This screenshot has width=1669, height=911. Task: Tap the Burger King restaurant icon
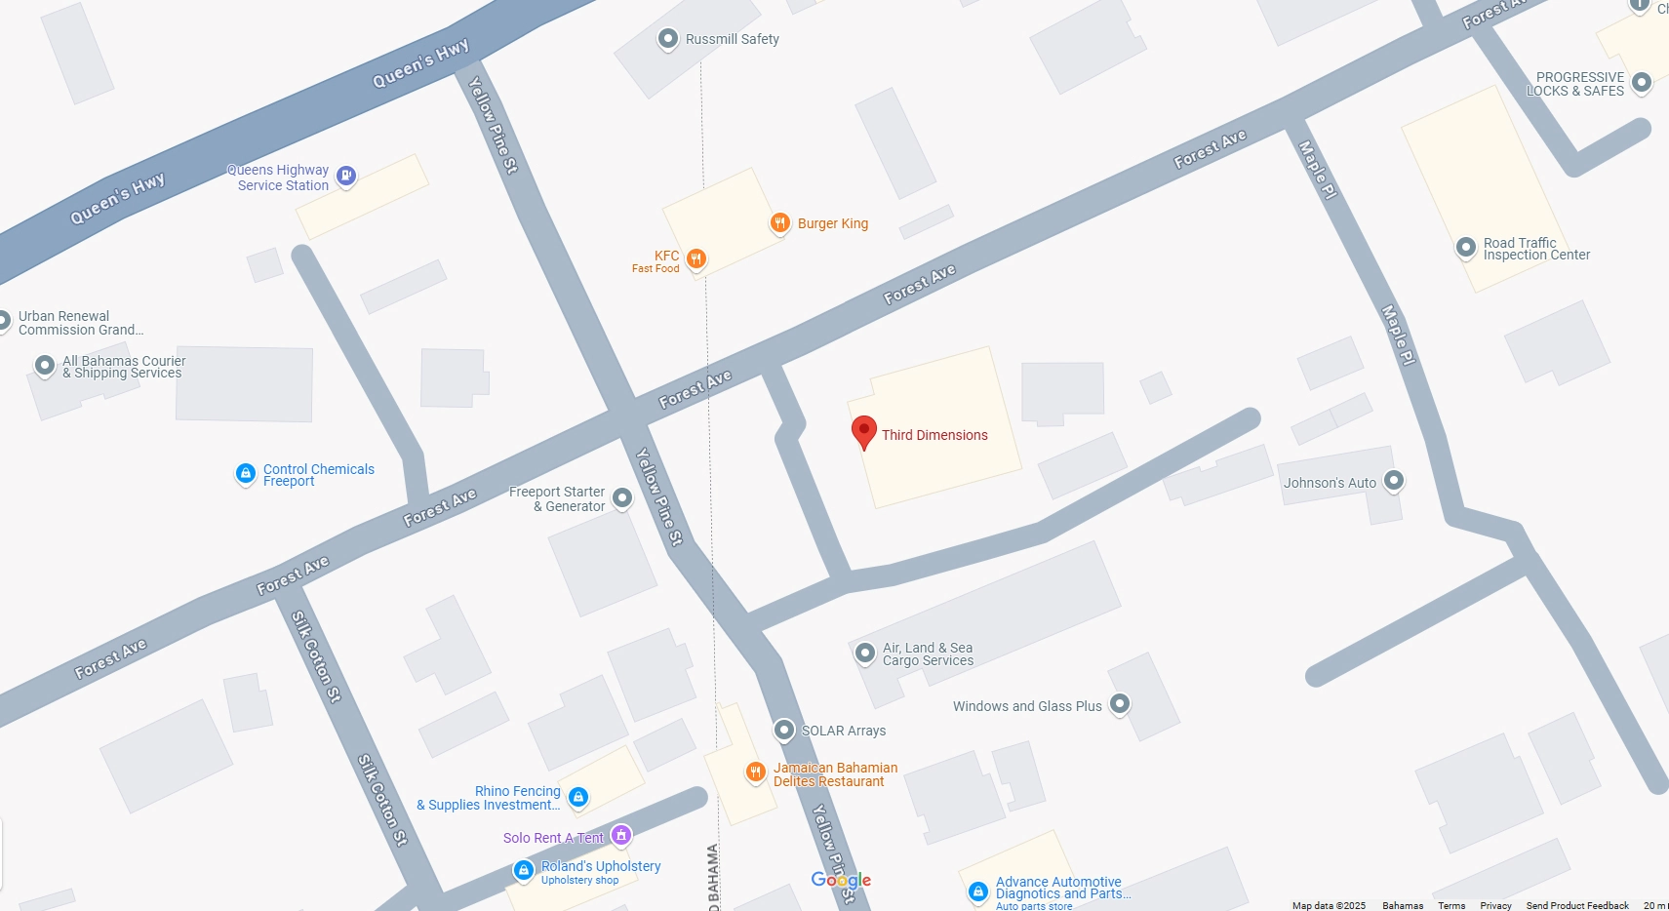coord(779,223)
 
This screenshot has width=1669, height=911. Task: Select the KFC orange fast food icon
coord(695,258)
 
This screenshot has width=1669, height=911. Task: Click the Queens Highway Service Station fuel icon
coord(346,176)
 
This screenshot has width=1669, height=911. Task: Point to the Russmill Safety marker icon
coord(668,39)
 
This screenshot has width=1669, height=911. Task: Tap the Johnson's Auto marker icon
coord(1394,480)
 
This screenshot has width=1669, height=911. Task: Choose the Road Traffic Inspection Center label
coord(1535,249)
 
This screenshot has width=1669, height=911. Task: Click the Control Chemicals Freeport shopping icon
coord(246,474)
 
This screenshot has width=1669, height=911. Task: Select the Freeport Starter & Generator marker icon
coord(622,498)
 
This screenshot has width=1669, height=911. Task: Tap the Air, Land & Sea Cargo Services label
coord(928,654)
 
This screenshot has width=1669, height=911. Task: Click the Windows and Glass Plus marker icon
coord(1120,703)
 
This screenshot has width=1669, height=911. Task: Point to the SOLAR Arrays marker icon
coord(784,730)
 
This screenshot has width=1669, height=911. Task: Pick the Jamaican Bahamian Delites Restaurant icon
coord(755,772)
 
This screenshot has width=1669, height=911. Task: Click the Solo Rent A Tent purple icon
coord(621,835)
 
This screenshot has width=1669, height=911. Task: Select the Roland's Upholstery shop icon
coord(524,869)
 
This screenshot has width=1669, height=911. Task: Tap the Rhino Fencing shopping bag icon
coord(578,797)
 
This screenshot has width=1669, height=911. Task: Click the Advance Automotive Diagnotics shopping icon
coord(978,891)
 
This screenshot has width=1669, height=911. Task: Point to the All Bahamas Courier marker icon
coord(45,366)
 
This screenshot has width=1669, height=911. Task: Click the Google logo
coord(841,880)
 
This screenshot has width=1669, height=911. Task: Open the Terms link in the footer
coord(1451,905)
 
